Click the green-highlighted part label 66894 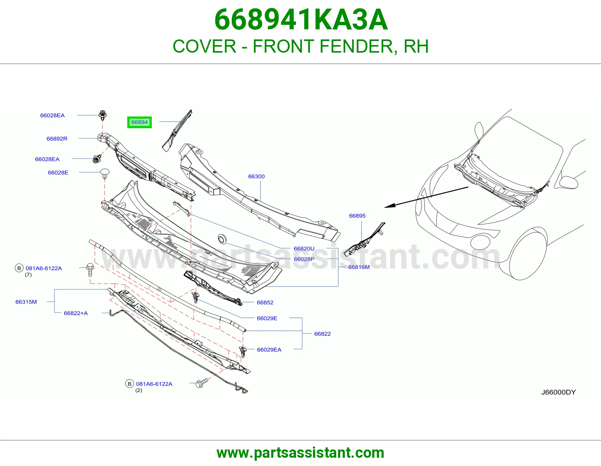coord(139,122)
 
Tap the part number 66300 coord(257,177)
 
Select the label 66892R coord(57,139)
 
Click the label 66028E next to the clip coord(58,172)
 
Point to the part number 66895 coord(357,216)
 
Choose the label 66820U coord(304,249)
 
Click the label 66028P coord(304,259)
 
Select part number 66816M coord(359,267)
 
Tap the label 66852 coord(265,303)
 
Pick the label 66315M coord(26,302)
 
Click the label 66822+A coord(76,313)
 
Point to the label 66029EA coord(269,350)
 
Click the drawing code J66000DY coord(559,392)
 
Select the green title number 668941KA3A coord(301,20)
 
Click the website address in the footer coord(300,453)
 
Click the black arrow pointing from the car coord(426,197)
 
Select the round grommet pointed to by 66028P coord(222,239)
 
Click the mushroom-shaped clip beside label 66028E coord(104,174)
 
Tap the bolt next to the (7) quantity coord(90,270)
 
